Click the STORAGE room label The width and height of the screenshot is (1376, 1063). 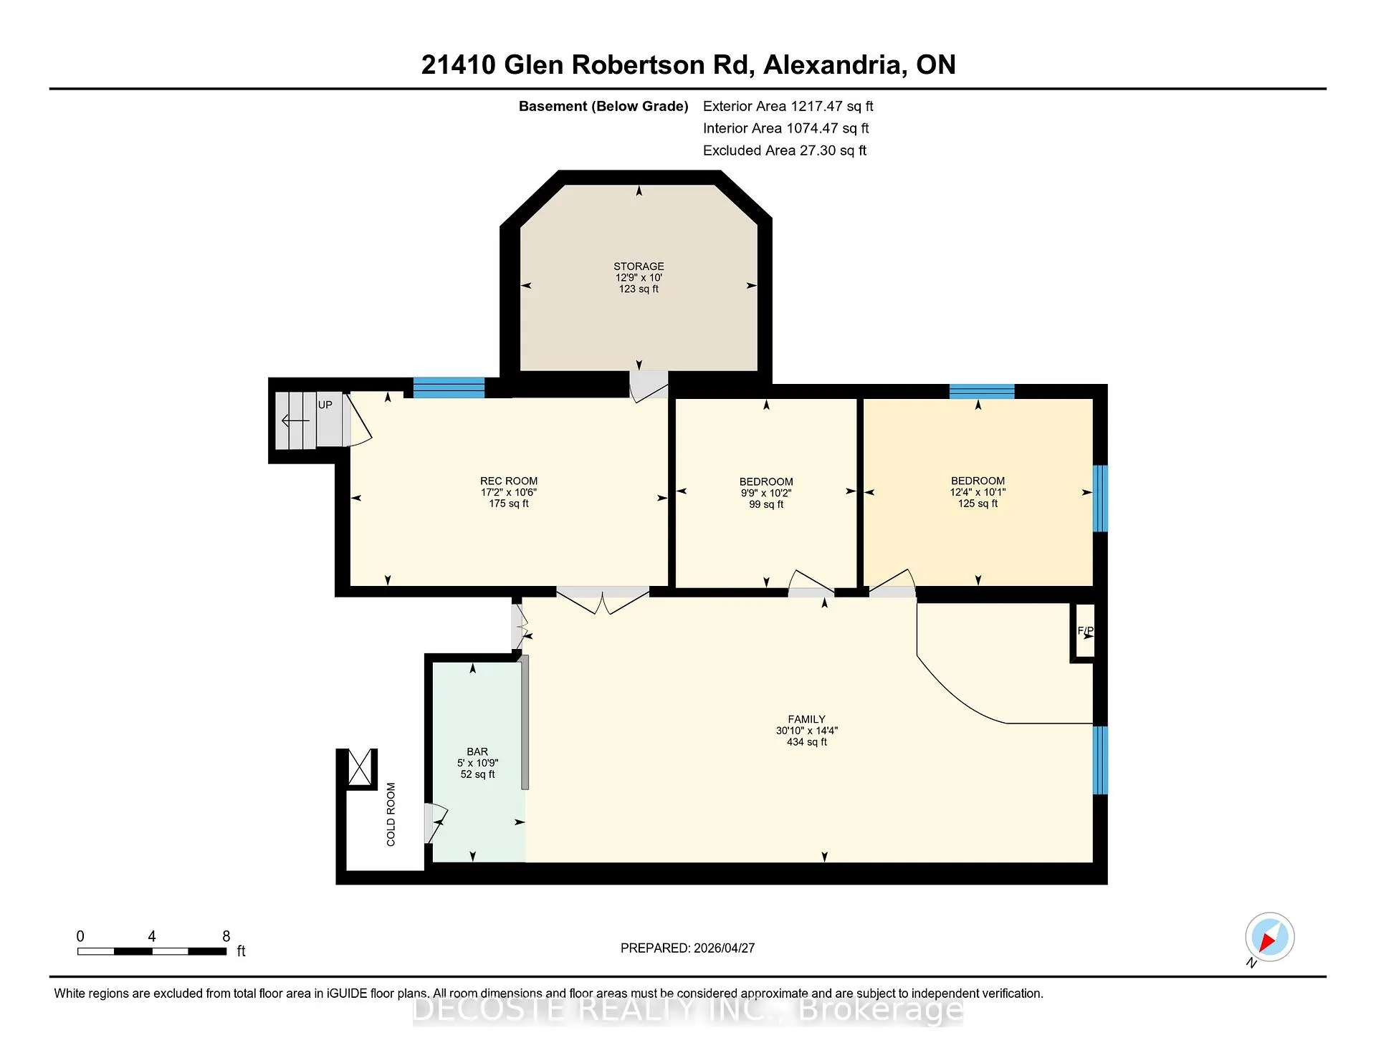point(639,266)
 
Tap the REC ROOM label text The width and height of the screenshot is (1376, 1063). point(509,481)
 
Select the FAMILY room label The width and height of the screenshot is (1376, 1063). point(806,719)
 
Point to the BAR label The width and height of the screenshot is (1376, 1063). point(477,751)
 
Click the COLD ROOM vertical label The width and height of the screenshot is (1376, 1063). point(391,814)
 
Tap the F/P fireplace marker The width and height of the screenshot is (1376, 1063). point(1085,631)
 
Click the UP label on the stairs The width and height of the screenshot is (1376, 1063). point(325,405)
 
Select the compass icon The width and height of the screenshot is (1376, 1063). point(1269,937)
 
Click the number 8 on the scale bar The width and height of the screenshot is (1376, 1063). point(226,936)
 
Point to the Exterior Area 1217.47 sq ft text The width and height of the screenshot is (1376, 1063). point(788,106)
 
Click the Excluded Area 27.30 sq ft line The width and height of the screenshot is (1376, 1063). point(785,150)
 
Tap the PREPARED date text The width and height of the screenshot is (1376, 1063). point(687,948)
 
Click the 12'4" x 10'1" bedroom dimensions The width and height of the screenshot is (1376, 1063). point(978,492)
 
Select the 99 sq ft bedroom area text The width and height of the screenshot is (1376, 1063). point(766,504)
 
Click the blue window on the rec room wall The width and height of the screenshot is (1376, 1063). point(449,388)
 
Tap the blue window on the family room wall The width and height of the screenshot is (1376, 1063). point(1100,760)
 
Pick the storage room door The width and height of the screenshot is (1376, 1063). point(649,385)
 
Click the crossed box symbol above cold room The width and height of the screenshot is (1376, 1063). point(361,766)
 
